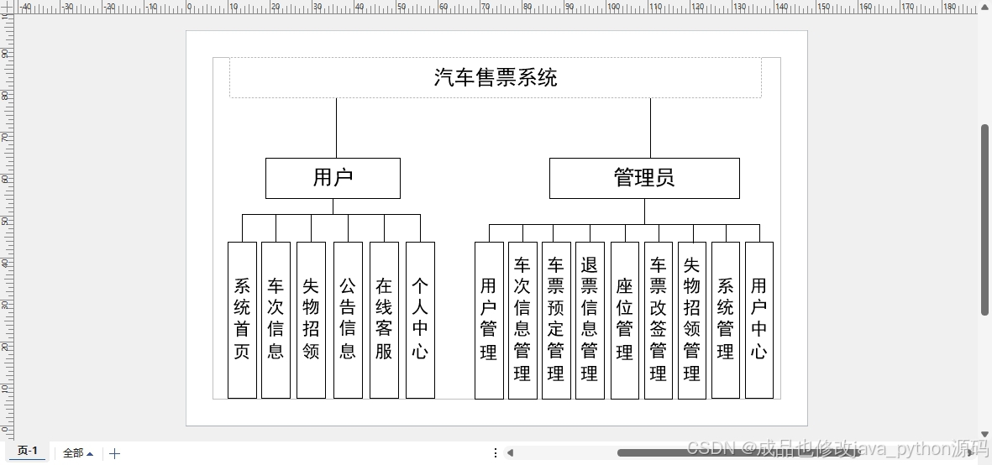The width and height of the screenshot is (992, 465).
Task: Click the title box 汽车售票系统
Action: point(496,78)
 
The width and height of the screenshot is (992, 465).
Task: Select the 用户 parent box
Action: point(333,178)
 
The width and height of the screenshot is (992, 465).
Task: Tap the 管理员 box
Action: point(644,178)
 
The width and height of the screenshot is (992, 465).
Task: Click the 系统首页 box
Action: point(242,320)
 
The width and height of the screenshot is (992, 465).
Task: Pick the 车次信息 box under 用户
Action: point(276,320)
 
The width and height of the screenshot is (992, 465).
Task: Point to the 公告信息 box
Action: point(348,320)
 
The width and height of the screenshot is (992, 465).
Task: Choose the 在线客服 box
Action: point(384,320)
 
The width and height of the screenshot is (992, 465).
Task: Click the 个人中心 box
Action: point(420,320)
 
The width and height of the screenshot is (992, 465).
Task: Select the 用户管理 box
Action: point(489,320)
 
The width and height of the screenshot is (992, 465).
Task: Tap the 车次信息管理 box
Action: point(522,320)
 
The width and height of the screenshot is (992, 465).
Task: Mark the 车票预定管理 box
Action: point(556,320)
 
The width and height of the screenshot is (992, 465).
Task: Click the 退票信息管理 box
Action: point(590,320)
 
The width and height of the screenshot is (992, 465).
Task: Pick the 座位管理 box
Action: point(624,320)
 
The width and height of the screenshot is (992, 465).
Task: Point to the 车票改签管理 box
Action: point(659,320)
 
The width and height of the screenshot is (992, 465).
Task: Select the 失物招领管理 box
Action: point(692,320)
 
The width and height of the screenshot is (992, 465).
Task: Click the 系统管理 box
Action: point(726,320)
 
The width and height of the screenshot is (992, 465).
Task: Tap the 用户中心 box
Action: point(759,320)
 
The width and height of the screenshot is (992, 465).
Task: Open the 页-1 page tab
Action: point(28,452)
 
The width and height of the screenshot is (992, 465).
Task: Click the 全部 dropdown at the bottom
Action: point(78,453)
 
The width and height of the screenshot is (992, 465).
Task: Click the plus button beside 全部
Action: point(115,453)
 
